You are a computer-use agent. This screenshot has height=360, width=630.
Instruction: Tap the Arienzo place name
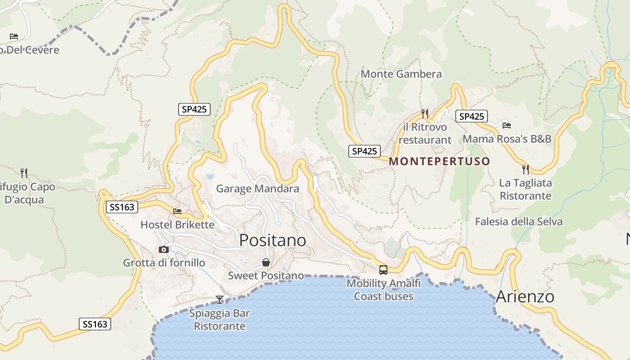point(525,297)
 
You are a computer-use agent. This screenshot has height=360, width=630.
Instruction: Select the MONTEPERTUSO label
point(439,161)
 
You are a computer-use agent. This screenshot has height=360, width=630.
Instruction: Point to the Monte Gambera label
point(401,74)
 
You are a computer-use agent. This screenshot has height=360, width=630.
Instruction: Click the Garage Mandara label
point(257,189)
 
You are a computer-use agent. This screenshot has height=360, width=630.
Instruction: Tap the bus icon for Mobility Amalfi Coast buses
point(383,270)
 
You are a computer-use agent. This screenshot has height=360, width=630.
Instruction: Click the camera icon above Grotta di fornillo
point(164,249)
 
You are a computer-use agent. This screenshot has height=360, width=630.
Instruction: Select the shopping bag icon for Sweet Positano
point(266,262)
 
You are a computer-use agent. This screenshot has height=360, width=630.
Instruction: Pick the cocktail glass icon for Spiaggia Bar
point(220,299)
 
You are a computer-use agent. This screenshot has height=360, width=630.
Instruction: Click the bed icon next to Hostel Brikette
point(178,211)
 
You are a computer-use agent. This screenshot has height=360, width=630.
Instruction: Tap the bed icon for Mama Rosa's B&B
point(507,126)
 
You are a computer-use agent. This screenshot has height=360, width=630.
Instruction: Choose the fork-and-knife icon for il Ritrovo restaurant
point(424,113)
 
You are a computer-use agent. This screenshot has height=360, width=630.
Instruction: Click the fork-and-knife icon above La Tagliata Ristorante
point(525,170)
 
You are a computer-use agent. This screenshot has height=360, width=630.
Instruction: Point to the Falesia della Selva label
point(519,221)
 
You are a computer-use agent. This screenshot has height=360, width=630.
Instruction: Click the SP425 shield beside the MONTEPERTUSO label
point(364,151)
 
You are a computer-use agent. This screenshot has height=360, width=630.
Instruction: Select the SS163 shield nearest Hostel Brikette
point(122,207)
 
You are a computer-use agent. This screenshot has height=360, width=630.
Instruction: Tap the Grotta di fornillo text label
point(164,263)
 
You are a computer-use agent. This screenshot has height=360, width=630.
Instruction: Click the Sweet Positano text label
point(265,275)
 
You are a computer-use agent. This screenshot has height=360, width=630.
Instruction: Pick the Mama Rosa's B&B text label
point(507,139)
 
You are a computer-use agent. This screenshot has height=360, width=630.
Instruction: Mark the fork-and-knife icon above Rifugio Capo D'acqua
point(24,172)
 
